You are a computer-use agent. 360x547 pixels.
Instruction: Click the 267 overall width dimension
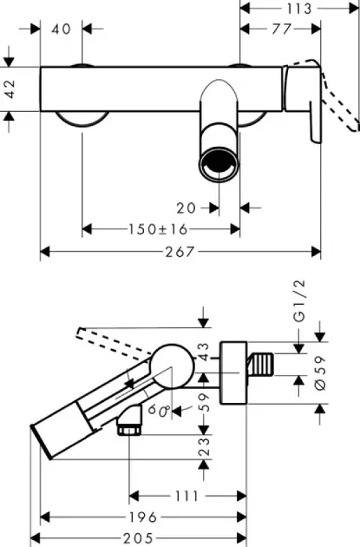point(179,252)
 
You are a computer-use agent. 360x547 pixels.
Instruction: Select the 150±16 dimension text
point(158,229)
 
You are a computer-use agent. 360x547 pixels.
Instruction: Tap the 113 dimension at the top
point(298,9)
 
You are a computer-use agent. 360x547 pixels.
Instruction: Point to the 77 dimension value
point(281,29)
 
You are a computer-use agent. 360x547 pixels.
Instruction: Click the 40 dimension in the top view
point(62,29)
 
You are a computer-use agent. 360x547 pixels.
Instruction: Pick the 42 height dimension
point(10,89)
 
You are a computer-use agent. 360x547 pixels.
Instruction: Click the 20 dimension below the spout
point(187,208)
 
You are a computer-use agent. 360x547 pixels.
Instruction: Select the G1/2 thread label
point(299,300)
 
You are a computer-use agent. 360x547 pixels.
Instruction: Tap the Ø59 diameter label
point(320,372)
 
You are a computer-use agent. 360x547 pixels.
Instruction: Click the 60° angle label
point(159,410)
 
